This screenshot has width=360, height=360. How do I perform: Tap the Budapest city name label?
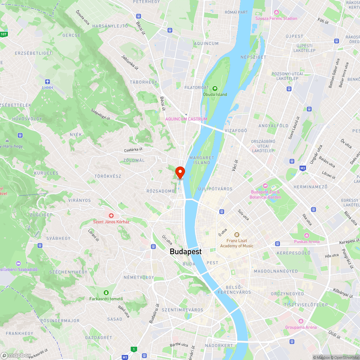coord(186,252)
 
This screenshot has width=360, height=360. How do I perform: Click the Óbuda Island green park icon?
coord(215,89)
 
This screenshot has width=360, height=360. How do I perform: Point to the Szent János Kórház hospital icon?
coord(111,216)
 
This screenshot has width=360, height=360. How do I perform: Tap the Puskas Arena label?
coord(307,242)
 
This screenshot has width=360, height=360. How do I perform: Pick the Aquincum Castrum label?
coord(186,119)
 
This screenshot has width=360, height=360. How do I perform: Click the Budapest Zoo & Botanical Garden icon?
coord(265,186)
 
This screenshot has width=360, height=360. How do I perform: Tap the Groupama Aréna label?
coord(301,327)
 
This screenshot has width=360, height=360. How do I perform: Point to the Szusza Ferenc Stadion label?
coord(276,18)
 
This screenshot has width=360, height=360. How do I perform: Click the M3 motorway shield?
coord(303,168)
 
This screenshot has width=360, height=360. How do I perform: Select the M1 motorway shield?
coord(125,357)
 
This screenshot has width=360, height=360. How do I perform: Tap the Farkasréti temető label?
coord(106,299)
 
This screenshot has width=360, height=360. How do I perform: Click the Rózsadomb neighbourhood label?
coord(161,191)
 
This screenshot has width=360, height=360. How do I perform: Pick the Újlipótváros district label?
coord(215,189)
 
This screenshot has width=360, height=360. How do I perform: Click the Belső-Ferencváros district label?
coord(238,289)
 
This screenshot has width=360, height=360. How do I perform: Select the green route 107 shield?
coord(4,34)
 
